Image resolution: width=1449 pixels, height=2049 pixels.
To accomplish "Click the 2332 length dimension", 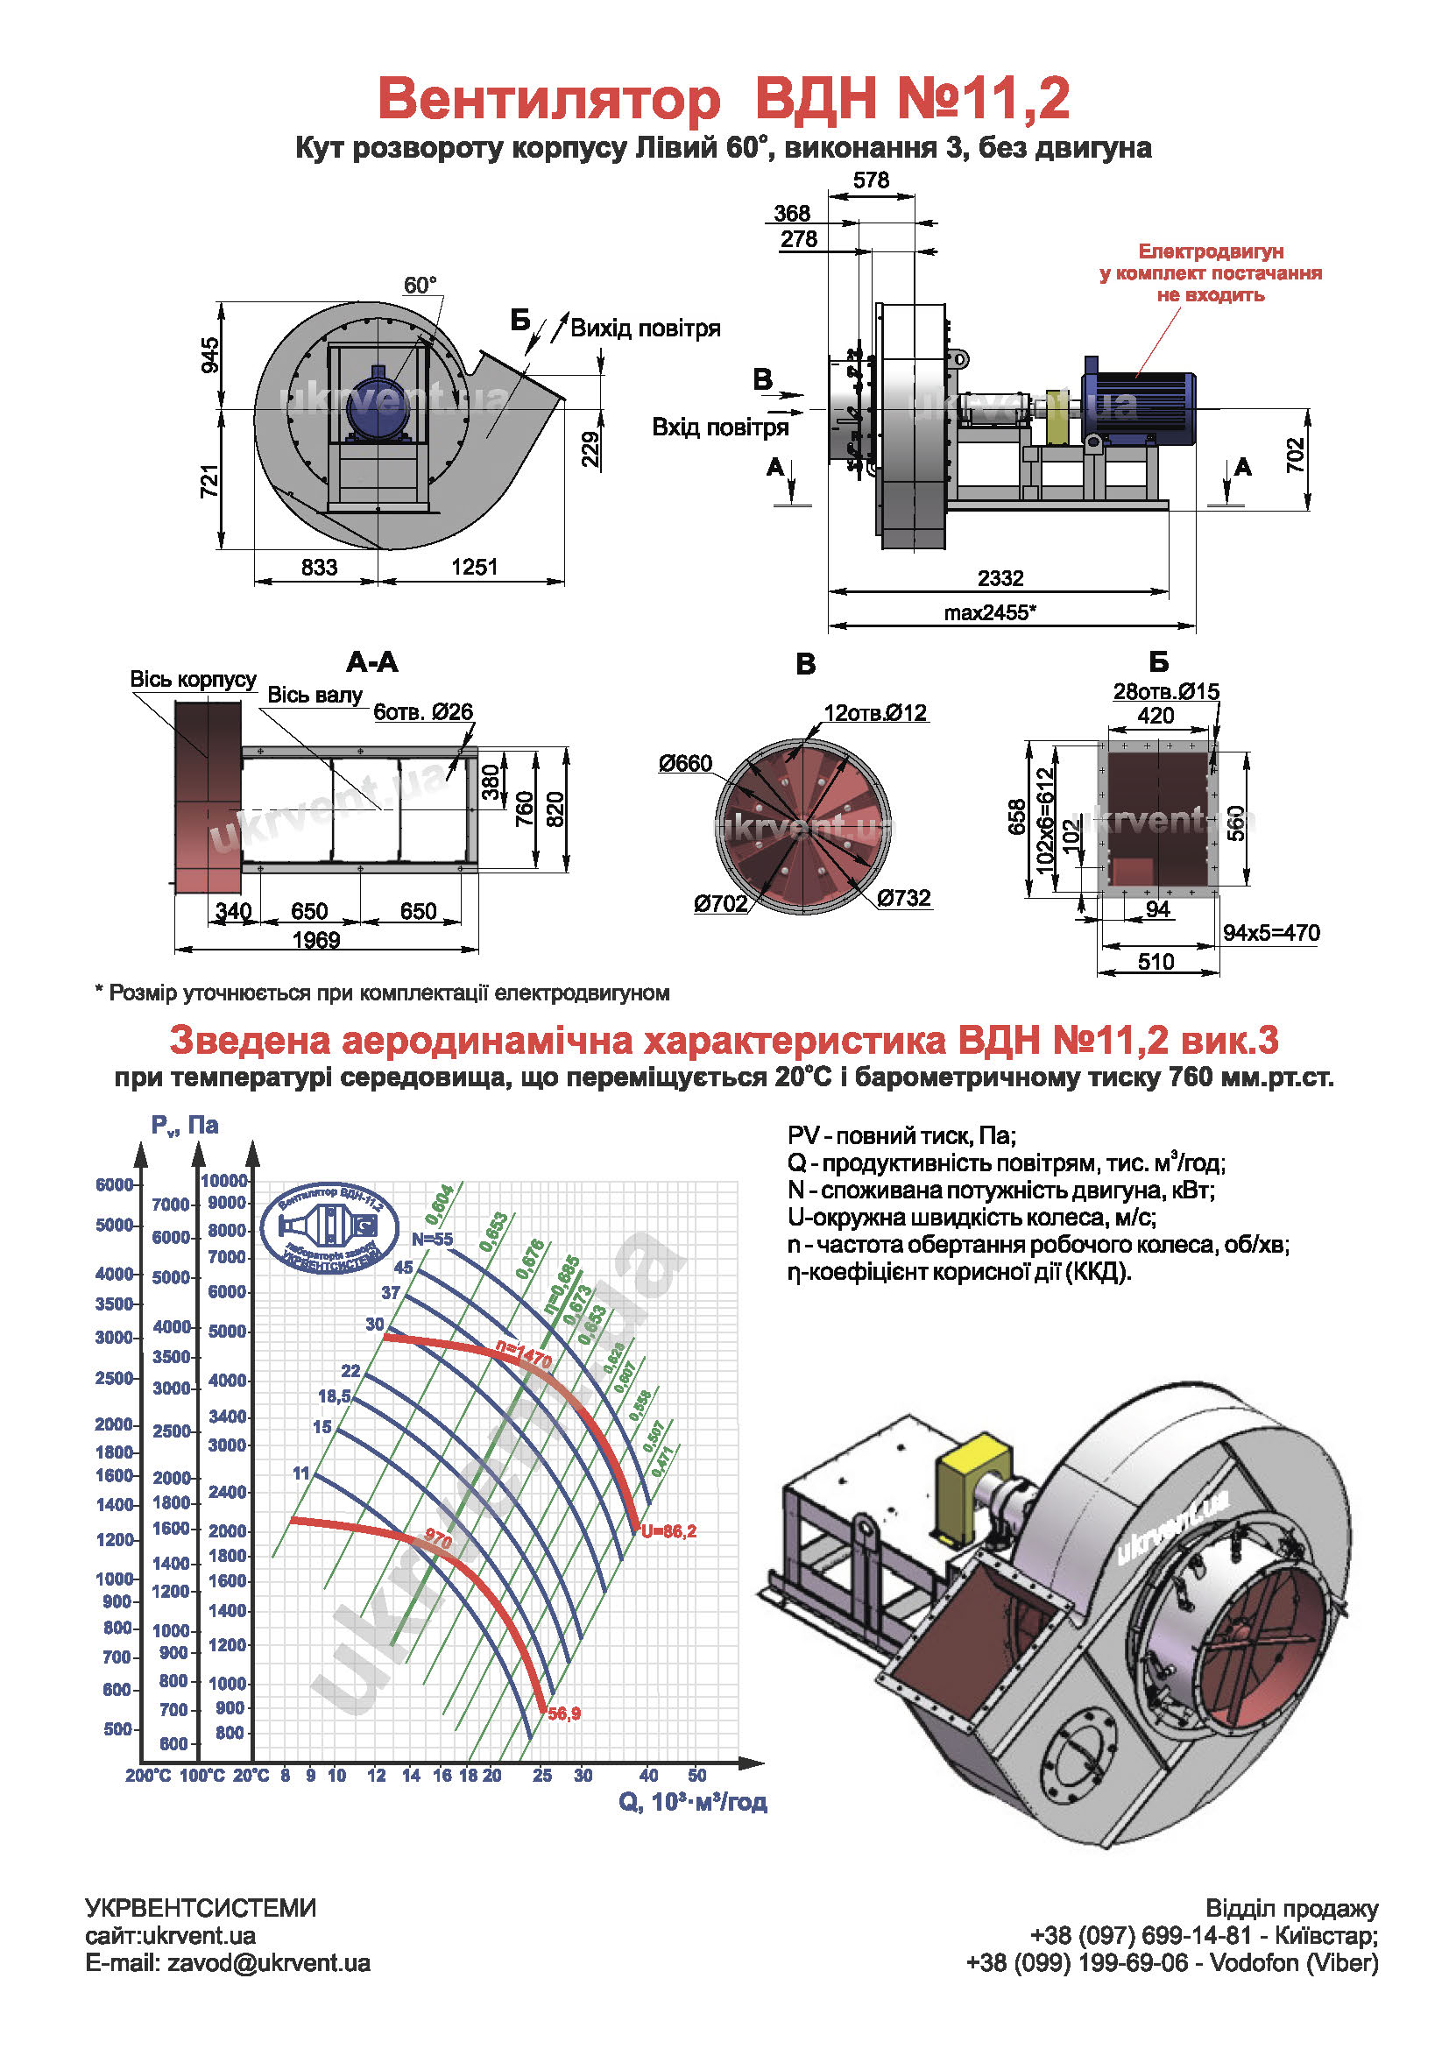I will click(x=1000, y=578).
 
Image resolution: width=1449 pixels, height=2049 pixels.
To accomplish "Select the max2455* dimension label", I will click(x=989, y=613).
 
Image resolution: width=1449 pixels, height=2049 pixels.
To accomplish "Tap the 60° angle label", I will click(x=421, y=286).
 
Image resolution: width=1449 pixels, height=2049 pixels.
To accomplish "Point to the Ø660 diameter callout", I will click(x=685, y=763).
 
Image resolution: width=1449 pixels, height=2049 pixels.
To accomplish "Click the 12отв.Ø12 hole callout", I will click(x=875, y=713).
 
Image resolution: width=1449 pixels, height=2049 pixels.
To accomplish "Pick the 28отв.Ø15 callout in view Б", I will click(x=1165, y=692).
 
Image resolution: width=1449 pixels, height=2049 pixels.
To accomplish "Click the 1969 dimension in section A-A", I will click(x=316, y=940).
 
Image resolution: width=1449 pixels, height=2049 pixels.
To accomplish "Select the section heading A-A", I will click(x=372, y=662).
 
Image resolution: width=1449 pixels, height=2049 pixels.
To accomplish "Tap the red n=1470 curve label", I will click(x=525, y=1354).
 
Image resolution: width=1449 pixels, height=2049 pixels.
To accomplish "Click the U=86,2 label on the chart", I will click(x=668, y=1531).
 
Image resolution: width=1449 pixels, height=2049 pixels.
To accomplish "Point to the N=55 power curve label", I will click(x=432, y=1240).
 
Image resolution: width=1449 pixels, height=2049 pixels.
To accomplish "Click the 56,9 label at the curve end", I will click(x=564, y=1713).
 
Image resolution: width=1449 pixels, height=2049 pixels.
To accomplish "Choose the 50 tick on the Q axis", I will click(x=696, y=1776).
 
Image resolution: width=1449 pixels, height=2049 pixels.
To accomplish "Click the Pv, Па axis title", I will click(x=185, y=1125).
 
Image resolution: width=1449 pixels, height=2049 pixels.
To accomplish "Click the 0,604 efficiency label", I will click(x=440, y=1204).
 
